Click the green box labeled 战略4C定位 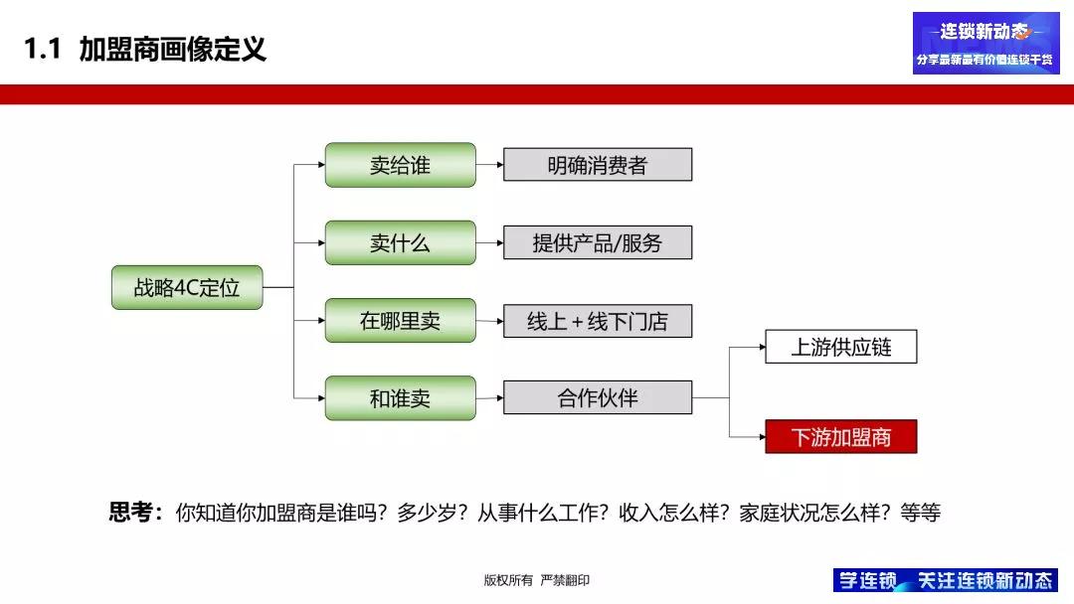tap(186, 287)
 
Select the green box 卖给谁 tap(400, 165)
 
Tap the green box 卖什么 tap(400, 242)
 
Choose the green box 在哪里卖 tap(400, 321)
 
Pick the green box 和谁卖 tap(400, 398)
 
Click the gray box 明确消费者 tap(597, 165)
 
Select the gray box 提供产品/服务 tap(597, 242)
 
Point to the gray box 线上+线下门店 tap(597, 321)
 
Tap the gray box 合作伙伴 tap(597, 398)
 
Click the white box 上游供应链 tap(840, 347)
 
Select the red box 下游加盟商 tap(840, 436)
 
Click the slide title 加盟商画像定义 tap(173, 49)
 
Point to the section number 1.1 tap(43, 49)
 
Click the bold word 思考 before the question tap(132, 513)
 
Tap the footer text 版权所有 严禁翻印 tap(536, 580)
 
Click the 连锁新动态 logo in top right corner tap(985, 43)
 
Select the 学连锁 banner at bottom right tap(945, 580)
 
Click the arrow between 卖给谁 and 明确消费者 tap(489, 165)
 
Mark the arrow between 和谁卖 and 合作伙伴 tap(489, 398)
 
